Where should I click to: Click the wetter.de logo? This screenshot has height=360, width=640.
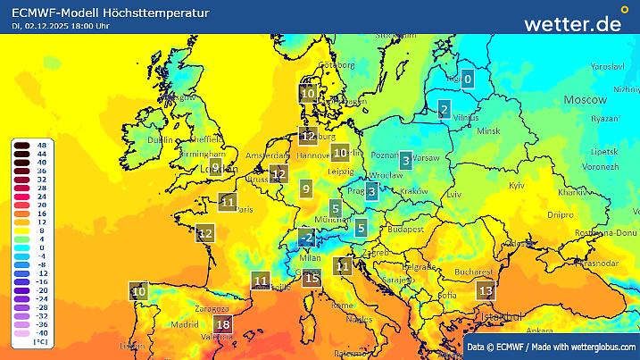[x=585, y=22]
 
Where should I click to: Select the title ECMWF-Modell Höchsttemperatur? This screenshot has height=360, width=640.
[x=112, y=13]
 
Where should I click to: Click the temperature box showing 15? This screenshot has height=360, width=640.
[x=312, y=279]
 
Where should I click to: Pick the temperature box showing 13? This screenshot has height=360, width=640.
[x=486, y=290]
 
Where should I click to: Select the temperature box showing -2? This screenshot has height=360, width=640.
[x=307, y=238]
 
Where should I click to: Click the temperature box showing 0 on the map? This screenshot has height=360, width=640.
[x=468, y=79]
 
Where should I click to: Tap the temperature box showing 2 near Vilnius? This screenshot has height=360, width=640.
[x=444, y=110]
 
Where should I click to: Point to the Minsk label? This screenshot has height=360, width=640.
[x=490, y=130]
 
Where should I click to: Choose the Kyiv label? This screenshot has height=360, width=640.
[x=517, y=185]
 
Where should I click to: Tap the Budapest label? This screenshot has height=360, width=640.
[x=404, y=229]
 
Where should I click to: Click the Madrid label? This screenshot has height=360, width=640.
[x=184, y=324]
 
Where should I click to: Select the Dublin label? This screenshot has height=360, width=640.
[x=161, y=139]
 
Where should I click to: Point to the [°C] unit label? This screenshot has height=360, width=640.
[x=40, y=342]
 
